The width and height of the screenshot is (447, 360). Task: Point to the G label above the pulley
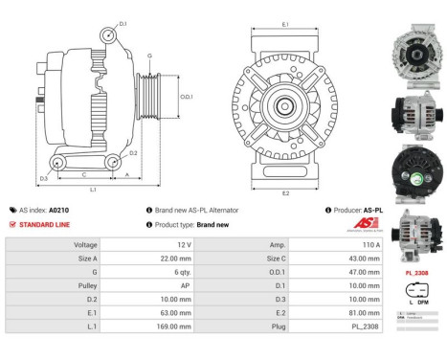click(x=149, y=55)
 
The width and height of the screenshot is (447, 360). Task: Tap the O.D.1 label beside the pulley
click(x=187, y=97)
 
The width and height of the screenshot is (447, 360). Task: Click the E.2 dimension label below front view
click(x=286, y=192)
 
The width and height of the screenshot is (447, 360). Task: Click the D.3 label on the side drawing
click(x=44, y=179)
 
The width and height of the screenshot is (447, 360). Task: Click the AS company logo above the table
click(x=356, y=225)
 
